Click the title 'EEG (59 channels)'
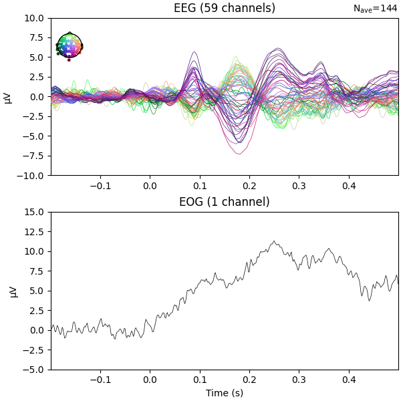tap(224, 8)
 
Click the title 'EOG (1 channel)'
tap(224, 202)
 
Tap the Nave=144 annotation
tap(376, 9)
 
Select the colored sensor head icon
tap(69, 46)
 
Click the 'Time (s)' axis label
tap(224, 393)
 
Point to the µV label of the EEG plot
tap(8, 97)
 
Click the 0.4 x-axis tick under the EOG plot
tap(348, 379)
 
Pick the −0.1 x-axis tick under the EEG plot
tap(100, 185)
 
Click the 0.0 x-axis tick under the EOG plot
tap(150, 379)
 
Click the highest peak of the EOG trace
tap(273, 241)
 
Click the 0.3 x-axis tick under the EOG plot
tap(299, 379)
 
